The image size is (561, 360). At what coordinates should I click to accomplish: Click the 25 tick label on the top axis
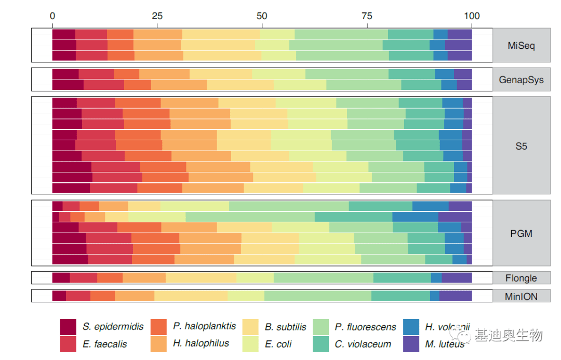[157, 16]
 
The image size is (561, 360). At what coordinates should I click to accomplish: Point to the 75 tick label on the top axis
[367, 16]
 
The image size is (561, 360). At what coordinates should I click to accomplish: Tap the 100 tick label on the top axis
[472, 16]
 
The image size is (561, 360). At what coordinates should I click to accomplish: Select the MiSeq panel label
[521, 46]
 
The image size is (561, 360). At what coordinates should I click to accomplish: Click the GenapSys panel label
[521, 80]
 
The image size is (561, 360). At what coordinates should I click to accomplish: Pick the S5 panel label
[521, 146]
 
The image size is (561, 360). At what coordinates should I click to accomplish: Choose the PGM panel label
[521, 233]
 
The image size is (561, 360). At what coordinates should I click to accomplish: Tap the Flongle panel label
[521, 278]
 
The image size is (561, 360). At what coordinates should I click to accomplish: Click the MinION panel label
[521, 296]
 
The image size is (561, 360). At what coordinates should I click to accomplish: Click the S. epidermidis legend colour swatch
[68, 327]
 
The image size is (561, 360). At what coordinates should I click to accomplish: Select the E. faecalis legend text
[105, 344]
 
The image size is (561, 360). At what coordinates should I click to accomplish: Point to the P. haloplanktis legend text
[204, 326]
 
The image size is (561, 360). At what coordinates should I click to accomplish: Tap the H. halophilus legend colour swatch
[158, 343]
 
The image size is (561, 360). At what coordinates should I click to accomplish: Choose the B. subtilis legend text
[285, 327]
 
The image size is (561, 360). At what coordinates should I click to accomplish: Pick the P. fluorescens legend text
[365, 327]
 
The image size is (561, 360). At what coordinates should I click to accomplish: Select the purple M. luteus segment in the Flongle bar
[457, 278]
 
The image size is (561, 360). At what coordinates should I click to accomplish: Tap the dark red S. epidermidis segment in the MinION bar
[59, 296]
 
